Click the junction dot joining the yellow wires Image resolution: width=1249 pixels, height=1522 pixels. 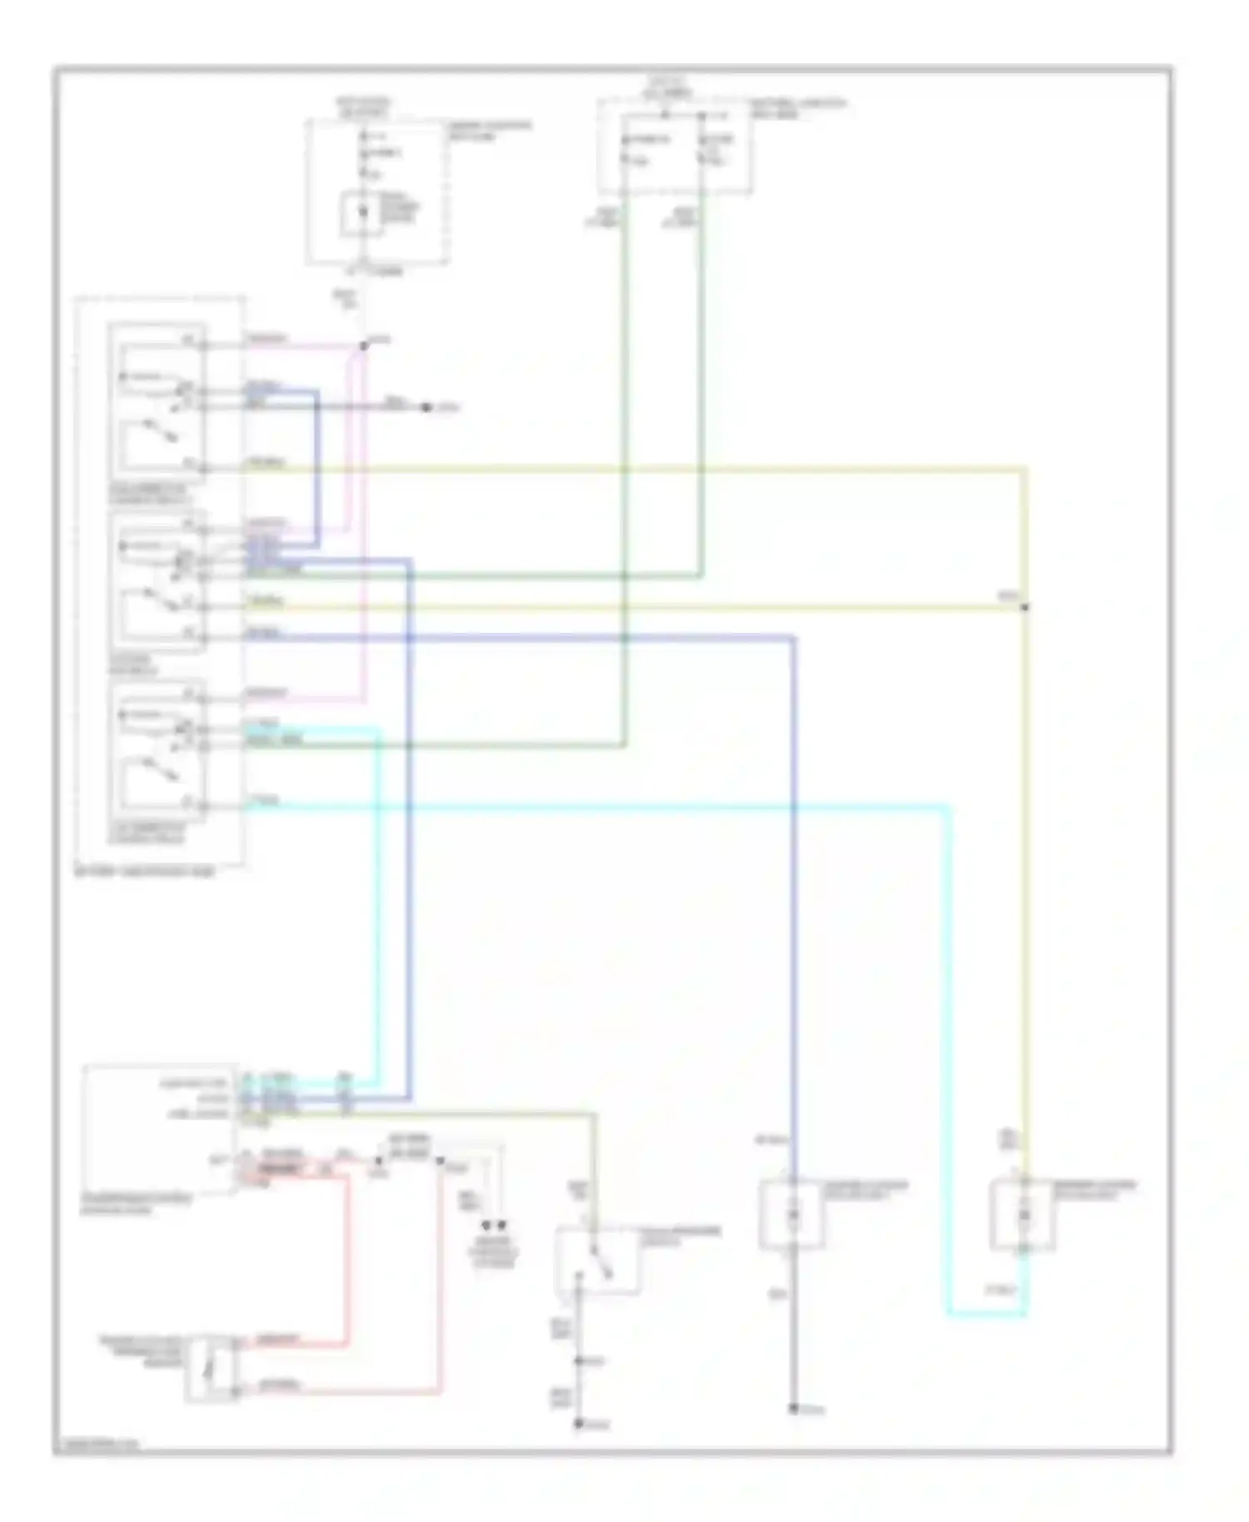tap(1025, 607)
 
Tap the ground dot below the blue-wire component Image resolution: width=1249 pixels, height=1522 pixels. tap(794, 1408)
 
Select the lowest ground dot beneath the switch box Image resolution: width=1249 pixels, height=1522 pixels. tap(579, 1424)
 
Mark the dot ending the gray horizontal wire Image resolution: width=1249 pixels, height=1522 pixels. tap(425, 407)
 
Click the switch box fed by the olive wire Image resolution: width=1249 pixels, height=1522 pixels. tap(598, 1259)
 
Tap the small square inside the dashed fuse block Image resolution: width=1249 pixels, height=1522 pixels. tap(362, 213)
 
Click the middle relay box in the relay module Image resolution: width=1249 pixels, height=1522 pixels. tap(157, 580)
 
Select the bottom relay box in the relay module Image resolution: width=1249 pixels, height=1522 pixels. tap(157, 749)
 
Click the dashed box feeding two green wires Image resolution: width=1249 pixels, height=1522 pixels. tap(674, 147)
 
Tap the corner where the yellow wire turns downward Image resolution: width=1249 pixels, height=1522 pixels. tap(1025, 470)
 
